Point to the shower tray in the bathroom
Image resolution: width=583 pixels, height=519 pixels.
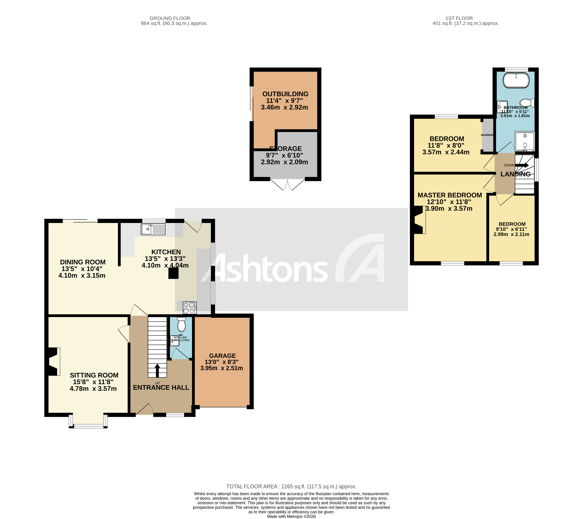click(x=524, y=141)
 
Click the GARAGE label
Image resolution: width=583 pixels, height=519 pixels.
click(x=222, y=356)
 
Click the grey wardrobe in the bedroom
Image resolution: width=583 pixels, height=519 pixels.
click(x=488, y=135)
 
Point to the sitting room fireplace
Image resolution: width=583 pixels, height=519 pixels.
click(x=53, y=361)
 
